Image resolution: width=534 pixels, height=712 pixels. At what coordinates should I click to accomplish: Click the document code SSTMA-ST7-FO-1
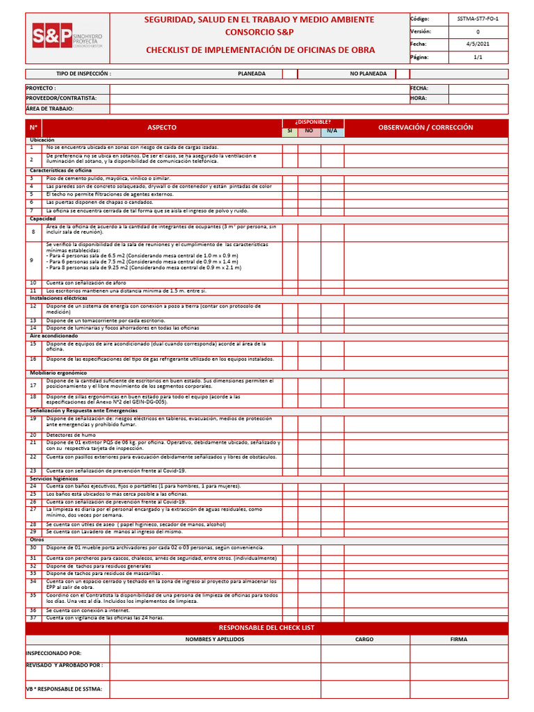(x=477, y=19)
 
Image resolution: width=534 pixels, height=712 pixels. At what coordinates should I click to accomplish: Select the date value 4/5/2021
(x=477, y=44)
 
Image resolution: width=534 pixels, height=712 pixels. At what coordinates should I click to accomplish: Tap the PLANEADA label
(x=251, y=74)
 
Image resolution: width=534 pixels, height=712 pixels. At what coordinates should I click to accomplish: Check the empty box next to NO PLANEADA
(x=402, y=74)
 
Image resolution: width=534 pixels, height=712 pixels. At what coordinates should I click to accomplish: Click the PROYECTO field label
(x=41, y=89)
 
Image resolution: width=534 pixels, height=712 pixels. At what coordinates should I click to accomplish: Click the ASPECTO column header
(x=162, y=128)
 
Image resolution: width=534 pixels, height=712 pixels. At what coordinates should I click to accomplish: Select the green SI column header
(x=290, y=131)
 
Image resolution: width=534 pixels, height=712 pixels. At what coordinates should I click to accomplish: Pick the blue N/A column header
(x=332, y=131)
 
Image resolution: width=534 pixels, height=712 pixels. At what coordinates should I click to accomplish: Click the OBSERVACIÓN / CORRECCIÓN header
(x=426, y=128)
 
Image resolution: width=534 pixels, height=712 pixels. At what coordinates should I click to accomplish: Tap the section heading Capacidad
(x=42, y=219)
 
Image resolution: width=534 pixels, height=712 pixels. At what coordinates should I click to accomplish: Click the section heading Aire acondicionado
(x=54, y=336)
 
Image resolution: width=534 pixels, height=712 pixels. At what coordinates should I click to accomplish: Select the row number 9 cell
(x=32, y=259)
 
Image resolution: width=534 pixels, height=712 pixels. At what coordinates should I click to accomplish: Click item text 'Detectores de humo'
(x=71, y=435)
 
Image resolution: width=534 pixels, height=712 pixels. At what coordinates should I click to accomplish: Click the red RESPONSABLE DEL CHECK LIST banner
(x=266, y=628)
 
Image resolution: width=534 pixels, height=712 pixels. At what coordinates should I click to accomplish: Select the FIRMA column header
(x=458, y=639)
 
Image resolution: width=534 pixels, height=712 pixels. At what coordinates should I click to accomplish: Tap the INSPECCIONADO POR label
(x=54, y=654)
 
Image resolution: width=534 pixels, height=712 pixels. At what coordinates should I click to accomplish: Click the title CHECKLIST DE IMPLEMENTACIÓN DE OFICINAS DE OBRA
(x=260, y=50)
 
